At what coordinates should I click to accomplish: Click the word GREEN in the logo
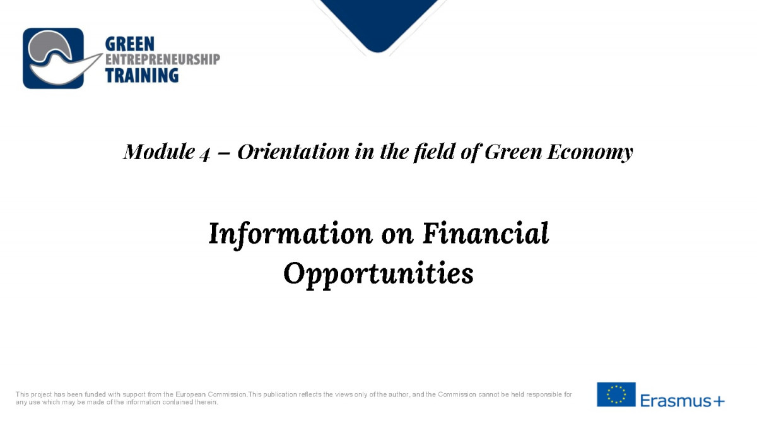pyautogui.click(x=130, y=44)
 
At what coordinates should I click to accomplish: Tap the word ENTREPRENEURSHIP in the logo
pyautogui.click(x=163, y=59)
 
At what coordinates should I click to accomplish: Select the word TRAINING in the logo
pyautogui.click(x=141, y=75)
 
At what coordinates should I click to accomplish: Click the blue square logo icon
pyautogui.click(x=53, y=58)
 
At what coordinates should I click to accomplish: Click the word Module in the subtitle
pyautogui.click(x=159, y=151)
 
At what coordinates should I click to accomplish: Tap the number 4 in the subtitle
pyautogui.click(x=205, y=154)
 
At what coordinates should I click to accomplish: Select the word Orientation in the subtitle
pyautogui.click(x=293, y=151)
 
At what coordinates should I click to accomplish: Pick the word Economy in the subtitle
pyautogui.click(x=590, y=152)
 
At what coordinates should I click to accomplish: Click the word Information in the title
pyautogui.click(x=291, y=234)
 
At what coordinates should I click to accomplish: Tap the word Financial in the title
pyautogui.click(x=486, y=233)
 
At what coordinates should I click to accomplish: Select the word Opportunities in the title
pyautogui.click(x=378, y=274)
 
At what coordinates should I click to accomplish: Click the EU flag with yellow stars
pyautogui.click(x=616, y=394)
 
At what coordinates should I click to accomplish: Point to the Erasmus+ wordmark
pyautogui.click(x=683, y=401)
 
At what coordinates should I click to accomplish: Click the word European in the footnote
pyautogui.click(x=191, y=394)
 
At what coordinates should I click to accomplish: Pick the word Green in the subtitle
pyautogui.click(x=513, y=151)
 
